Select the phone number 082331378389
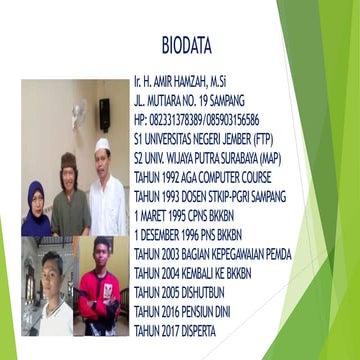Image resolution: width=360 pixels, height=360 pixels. click(x=174, y=119)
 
